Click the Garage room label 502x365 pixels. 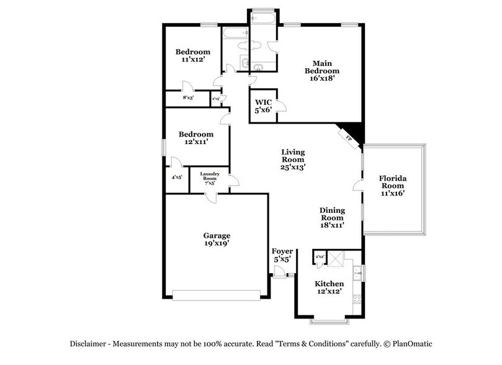(x=217, y=240)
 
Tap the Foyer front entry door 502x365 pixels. (x=279, y=271)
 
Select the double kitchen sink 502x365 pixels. (x=357, y=271)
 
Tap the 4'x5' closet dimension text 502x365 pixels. (x=176, y=177)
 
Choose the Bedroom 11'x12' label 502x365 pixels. (x=192, y=56)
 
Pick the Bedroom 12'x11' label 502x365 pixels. (x=196, y=138)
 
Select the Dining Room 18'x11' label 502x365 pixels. (x=332, y=218)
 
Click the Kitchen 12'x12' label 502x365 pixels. (x=328, y=287)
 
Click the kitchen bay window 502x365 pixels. (x=328, y=322)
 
